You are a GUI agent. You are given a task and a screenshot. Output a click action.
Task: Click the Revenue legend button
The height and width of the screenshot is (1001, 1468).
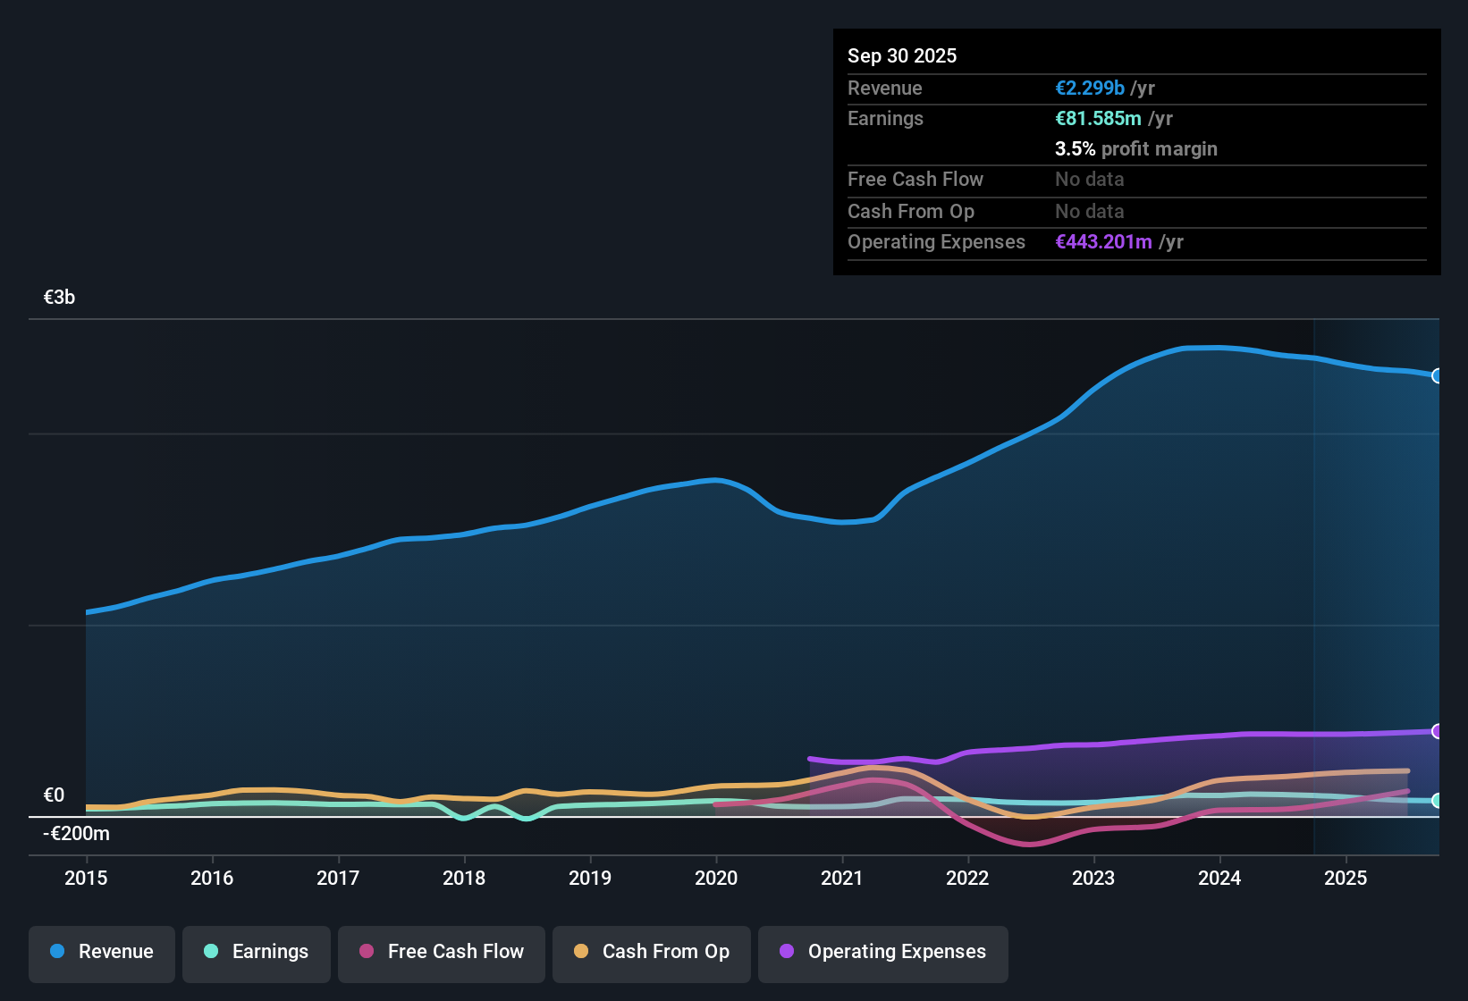coord(102,952)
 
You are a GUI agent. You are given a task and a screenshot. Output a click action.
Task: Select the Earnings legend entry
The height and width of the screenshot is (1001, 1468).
coord(257,952)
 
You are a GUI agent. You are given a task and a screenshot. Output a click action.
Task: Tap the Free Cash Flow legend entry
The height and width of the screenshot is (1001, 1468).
coord(442,952)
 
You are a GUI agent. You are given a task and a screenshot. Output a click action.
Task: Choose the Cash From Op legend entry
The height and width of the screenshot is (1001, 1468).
coord(652,952)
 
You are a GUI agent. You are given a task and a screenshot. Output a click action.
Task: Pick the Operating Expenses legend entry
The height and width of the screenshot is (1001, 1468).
coord(883,952)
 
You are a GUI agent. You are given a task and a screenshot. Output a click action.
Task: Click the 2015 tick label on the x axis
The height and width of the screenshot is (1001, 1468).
coord(86,878)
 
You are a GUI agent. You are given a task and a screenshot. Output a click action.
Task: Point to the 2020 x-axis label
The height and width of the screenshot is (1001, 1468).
coord(716,878)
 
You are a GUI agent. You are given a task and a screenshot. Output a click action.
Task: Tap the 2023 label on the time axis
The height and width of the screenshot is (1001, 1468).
coord(1093,878)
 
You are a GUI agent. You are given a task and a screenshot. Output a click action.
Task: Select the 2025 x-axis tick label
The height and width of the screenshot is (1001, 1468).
coord(1346,878)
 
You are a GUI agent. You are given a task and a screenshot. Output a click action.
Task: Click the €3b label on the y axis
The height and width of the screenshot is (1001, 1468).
coord(59,298)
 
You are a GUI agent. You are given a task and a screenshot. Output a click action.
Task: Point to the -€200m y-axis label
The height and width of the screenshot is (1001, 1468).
coord(77,834)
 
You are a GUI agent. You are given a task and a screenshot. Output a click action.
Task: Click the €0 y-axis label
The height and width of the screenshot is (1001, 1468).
coord(54,795)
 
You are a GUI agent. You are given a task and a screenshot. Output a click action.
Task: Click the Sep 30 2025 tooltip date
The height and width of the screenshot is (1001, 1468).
coord(902,55)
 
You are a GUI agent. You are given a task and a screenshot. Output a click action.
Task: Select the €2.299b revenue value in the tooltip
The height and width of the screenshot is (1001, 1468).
coord(1090,88)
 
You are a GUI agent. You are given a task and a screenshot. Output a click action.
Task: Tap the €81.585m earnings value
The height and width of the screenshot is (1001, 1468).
coord(1098,118)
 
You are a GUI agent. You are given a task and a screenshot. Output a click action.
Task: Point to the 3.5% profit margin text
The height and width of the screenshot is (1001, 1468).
coord(1136,148)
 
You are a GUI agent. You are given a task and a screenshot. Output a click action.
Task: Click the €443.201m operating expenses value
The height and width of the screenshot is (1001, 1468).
coord(1103,241)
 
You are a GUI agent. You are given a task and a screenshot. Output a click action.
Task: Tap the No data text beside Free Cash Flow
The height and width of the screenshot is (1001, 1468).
coord(1090,179)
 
